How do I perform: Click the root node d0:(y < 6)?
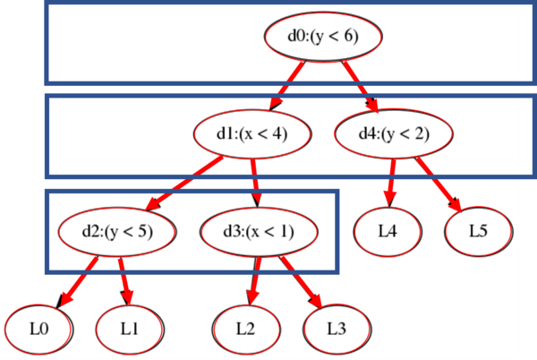[x=324, y=37]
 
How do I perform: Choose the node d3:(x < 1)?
[x=258, y=231]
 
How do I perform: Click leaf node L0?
[x=38, y=329]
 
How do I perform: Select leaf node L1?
[x=129, y=329]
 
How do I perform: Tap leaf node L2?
[x=245, y=329]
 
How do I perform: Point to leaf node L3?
[x=336, y=329]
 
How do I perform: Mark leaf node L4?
[x=387, y=231]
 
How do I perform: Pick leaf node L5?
[x=478, y=231]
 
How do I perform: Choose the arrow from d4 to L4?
[x=390, y=183]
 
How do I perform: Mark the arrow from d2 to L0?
[x=79, y=279]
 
